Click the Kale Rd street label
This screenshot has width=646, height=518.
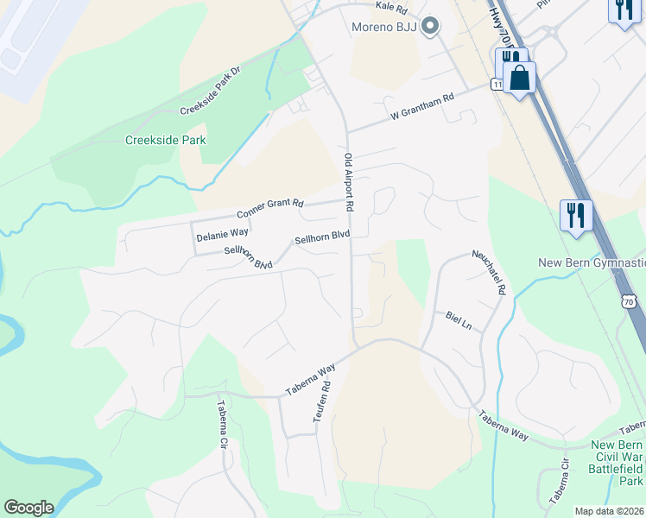390,7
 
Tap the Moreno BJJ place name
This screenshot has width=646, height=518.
383,26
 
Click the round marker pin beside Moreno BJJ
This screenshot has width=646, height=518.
430,26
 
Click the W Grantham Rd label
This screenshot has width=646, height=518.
421,107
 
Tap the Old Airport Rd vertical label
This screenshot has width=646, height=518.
349,182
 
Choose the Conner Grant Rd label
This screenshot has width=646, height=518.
270,208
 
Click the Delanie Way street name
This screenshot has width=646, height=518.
222,233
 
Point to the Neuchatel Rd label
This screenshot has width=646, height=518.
487,272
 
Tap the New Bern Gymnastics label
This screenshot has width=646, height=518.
592,262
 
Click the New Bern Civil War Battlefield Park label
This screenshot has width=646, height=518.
617,462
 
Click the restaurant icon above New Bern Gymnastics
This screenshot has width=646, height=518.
575,214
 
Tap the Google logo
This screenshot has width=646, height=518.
28,508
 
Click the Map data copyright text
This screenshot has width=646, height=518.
609,511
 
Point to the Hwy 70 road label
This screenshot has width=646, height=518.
506,35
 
